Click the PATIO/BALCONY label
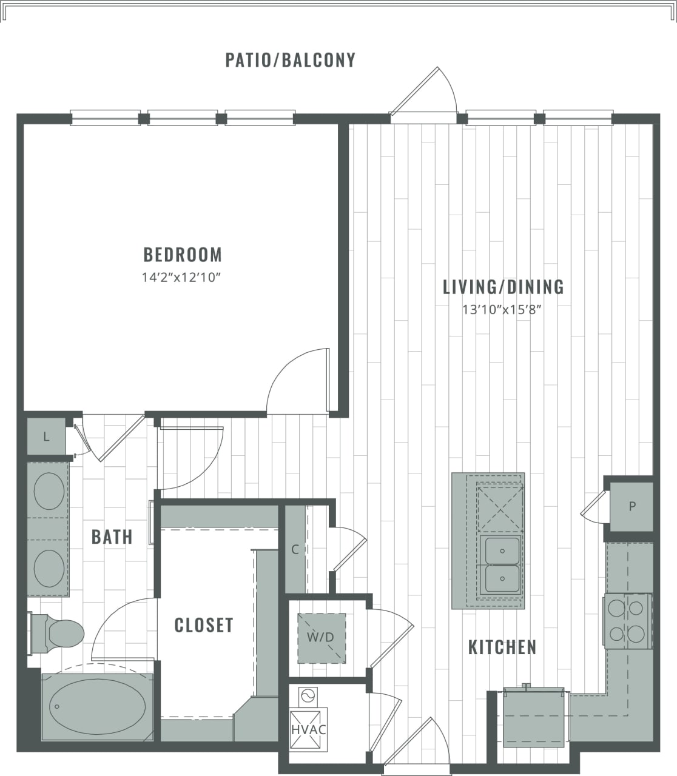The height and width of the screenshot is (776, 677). pos(290,60)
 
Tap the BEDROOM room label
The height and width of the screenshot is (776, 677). pos(182,254)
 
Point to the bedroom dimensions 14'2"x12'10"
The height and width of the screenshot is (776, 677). pos(180,278)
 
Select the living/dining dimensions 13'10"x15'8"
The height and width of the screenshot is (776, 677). pos(501,310)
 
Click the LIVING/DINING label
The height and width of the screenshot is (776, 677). pos(503,286)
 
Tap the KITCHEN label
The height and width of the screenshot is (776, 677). pos(502,647)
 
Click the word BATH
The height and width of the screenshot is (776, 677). pos(112,537)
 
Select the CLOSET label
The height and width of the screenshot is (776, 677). pos(203,625)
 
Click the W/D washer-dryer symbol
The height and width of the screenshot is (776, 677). pos(321,637)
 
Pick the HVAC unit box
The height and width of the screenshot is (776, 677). pos(308,729)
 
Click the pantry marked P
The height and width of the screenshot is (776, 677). pos(632,506)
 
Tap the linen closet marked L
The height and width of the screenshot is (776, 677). pos(46,436)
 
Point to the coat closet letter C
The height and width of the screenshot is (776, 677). pos(295,550)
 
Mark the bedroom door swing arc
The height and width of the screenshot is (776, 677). pos(297,379)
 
